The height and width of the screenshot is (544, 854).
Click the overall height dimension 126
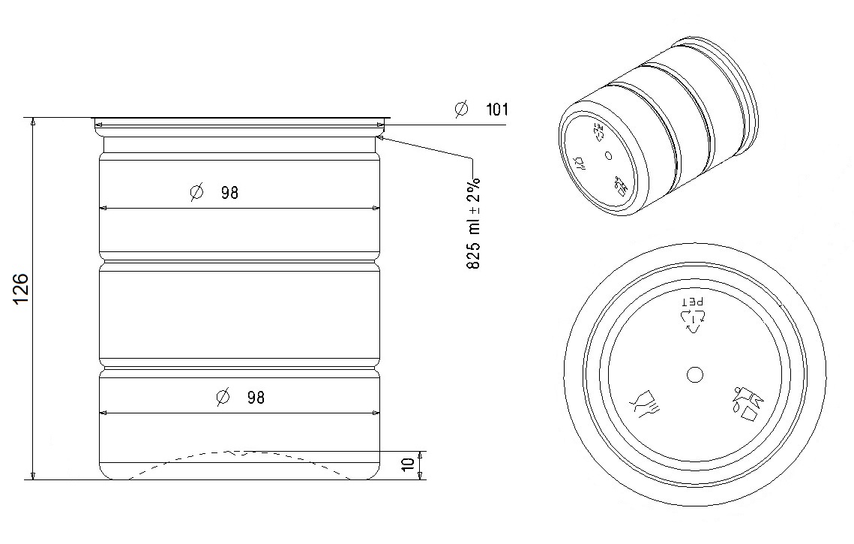[x=20, y=289]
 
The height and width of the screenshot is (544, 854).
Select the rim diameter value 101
[x=496, y=110]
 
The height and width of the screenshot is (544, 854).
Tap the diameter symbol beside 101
[x=461, y=109]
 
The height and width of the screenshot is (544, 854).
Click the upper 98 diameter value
[x=229, y=193]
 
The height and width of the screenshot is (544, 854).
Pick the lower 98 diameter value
[x=256, y=398]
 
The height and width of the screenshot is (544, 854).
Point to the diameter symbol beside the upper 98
[x=196, y=192]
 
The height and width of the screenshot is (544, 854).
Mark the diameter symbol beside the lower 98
[x=223, y=398]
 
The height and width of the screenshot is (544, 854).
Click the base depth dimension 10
[x=408, y=464]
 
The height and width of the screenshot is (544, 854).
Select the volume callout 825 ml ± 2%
[x=473, y=223]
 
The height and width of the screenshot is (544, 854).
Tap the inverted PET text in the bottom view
[x=694, y=302]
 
